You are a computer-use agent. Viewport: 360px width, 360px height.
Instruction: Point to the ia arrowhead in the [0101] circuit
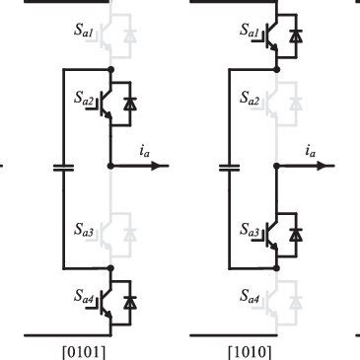164,167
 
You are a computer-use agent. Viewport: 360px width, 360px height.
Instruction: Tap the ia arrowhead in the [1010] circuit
330,167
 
